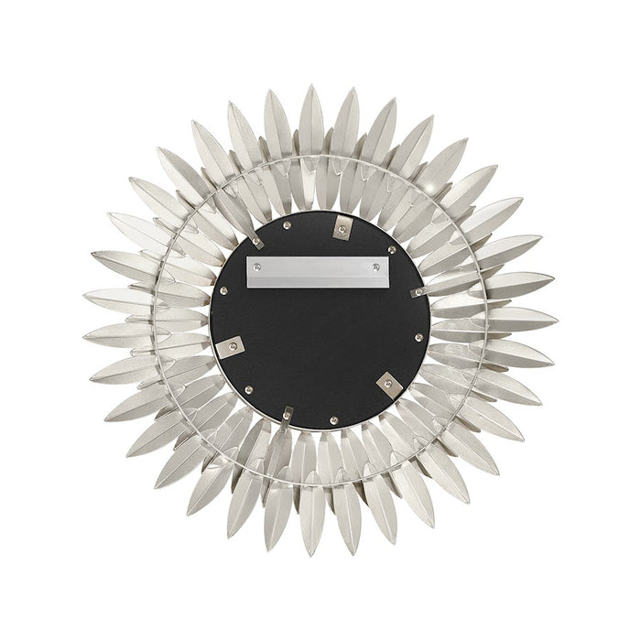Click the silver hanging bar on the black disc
318,272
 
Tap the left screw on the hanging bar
256,266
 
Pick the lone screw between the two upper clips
288,224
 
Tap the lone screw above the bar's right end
392,248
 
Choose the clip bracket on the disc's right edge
418,292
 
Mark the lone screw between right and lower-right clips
418,338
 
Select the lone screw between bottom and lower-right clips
333,420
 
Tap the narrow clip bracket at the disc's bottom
288,414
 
